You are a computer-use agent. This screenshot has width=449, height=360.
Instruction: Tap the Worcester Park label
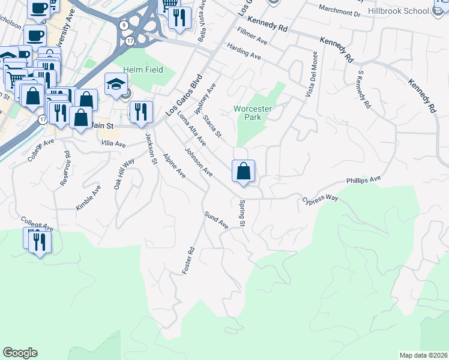(253, 113)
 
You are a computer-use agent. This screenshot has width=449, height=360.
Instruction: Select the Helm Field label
(140, 70)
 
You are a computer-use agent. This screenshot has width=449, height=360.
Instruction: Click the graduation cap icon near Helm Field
(116, 85)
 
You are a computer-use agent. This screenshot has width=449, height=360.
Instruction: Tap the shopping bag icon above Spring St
(244, 172)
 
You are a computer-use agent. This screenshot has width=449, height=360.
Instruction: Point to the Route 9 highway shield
(123, 25)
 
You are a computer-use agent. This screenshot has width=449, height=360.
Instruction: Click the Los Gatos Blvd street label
(185, 96)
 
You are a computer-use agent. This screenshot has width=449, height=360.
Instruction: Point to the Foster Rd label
(188, 262)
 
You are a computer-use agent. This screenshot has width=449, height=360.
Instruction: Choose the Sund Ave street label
(216, 220)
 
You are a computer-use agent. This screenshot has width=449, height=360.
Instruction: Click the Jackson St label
(150, 147)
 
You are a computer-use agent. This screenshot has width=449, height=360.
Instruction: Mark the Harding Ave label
(244, 52)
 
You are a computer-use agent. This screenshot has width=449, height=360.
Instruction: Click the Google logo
(20, 353)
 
